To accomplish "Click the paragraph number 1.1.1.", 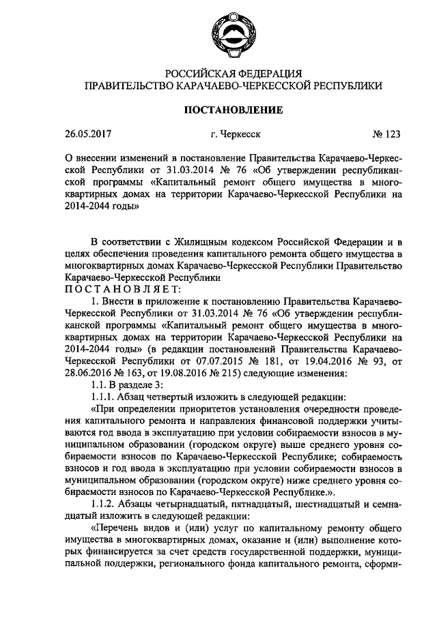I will tap(102, 397).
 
